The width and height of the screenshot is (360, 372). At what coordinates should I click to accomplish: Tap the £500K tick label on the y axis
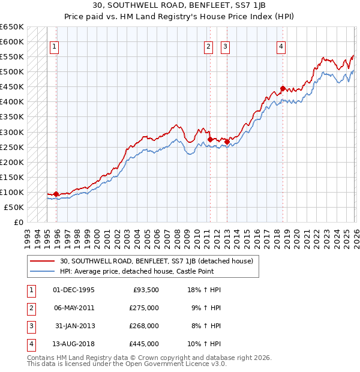click(11, 72)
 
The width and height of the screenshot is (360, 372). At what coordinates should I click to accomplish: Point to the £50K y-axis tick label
click(14, 207)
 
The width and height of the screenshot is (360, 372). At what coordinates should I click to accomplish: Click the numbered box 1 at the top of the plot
click(54, 47)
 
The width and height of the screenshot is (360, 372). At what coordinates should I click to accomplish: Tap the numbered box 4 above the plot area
click(281, 47)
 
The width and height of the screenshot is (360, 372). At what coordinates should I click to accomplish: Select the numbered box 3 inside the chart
click(225, 47)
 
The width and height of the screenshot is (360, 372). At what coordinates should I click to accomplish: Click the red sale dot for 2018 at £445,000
click(283, 88)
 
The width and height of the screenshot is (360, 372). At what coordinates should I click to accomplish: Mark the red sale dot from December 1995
click(56, 194)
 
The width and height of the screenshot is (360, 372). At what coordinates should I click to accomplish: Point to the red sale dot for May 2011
click(210, 139)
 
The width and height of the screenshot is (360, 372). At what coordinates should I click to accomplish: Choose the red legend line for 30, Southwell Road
click(43, 261)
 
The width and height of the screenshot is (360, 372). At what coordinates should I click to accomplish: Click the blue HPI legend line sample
click(43, 271)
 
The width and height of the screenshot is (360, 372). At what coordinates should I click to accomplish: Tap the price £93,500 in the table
click(144, 290)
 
